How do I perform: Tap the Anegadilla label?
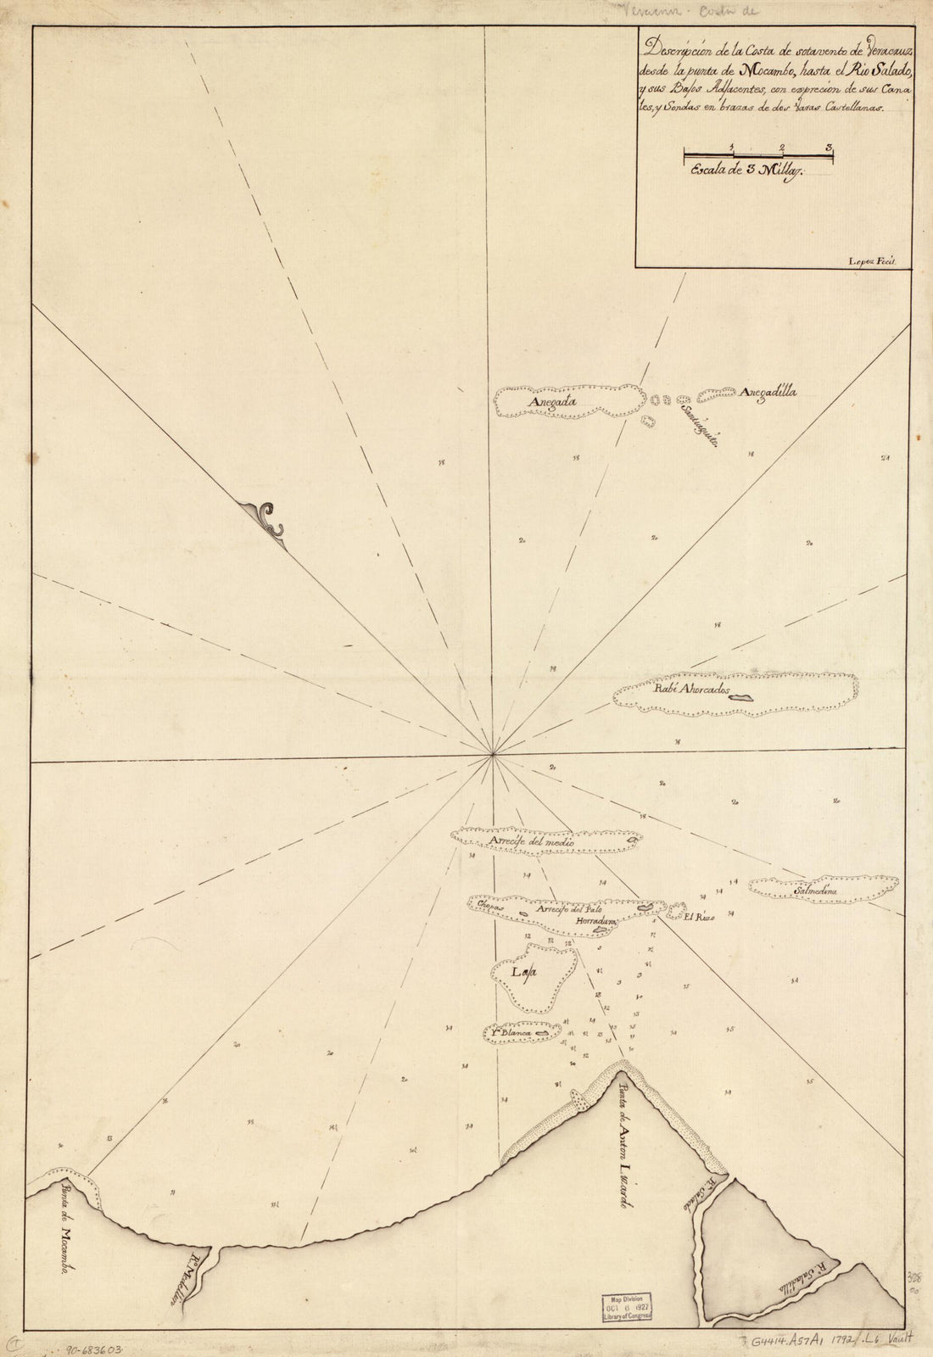[x=768, y=393]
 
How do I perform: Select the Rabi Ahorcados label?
[x=690, y=690]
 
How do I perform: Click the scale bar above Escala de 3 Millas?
[x=758, y=154]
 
